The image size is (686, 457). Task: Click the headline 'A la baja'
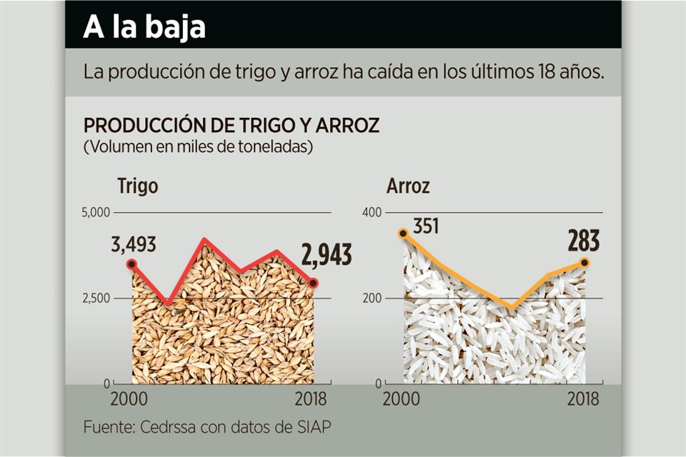click(144, 27)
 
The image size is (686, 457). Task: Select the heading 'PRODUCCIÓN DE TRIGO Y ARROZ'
click(231, 126)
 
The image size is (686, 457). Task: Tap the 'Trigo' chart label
click(137, 186)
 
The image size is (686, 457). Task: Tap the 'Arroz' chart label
click(408, 186)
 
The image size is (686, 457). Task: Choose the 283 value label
click(584, 241)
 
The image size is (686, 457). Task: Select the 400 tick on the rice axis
click(372, 212)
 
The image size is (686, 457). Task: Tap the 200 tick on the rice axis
click(372, 298)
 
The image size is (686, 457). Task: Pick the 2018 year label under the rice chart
click(583, 398)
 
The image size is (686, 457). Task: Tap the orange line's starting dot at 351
click(403, 233)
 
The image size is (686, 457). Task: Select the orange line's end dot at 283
click(585, 263)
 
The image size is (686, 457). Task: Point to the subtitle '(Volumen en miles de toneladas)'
click(198, 147)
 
